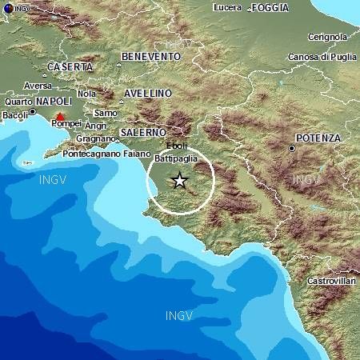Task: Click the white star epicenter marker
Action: pyautogui.click(x=180, y=181)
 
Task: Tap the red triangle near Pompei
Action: pyautogui.click(x=61, y=118)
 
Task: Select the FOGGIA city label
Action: pyautogui.click(x=270, y=8)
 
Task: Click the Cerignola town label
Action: pyautogui.click(x=328, y=37)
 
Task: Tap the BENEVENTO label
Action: pyautogui.click(x=151, y=56)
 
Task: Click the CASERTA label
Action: pyautogui.click(x=70, y=66)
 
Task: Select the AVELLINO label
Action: pyautogui.click(x=149, y=94)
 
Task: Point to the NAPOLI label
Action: pyautogui.click(x=54, y=102)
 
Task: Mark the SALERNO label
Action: pyautogui.click(x=143, y=131)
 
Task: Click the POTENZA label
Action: pyautogui.click(x=318, y=138)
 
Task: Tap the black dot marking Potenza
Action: pyautogui.click(x=293, y=148)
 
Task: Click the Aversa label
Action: pyautogui.click(x=39, y=86)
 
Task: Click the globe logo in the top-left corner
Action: pyautogui.click(x=7, y=8)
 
